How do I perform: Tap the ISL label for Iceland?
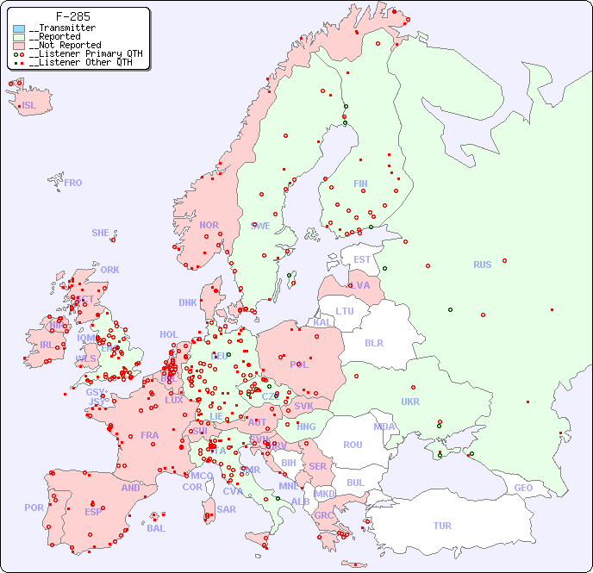[28, 106]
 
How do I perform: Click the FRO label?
[73, 183]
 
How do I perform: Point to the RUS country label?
[482, 265]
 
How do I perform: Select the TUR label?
[442, 526]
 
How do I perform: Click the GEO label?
[523, 488]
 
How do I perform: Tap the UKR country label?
[410, 402]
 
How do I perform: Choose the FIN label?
[360, 184]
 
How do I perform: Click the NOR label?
[209, 225]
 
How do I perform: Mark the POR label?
[34, 508]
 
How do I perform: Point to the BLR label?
[374, 342]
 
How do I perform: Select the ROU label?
[353, 445]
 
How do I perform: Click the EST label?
[363, 259]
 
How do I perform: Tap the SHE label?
[101, 233]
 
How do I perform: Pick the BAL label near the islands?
[156, 528]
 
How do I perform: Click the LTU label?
[345, 311]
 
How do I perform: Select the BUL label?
[355, 483]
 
